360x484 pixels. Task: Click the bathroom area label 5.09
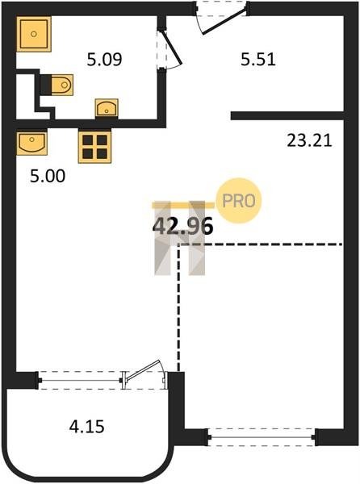point(104,59)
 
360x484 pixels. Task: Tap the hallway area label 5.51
point(258,59)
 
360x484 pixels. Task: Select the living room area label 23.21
point(309,140)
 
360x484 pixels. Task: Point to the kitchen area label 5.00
point(48,176)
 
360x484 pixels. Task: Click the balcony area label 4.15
point(86,427)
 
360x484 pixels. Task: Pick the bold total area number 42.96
point(183,226)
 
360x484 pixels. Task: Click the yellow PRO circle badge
point(239,201)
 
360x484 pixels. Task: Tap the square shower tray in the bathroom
point(34,34)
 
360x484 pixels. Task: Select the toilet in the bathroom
point(57,85)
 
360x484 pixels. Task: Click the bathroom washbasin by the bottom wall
point(107,109)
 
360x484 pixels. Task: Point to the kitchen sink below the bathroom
point(31,144)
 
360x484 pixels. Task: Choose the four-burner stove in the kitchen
point(94,147)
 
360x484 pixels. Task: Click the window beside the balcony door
point(80,380)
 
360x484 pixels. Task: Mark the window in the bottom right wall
point(262,437)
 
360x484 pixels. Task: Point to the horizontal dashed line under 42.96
point(260,244)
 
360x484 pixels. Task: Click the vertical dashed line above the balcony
point(178,308)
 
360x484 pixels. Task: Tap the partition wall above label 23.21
point(287,115)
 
